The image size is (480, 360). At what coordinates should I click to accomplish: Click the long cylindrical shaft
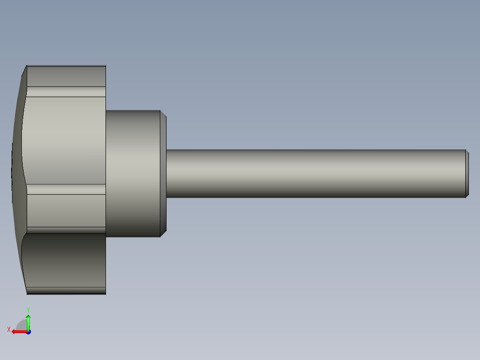point(312,173)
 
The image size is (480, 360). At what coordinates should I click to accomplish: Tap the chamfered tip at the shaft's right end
point(467,173)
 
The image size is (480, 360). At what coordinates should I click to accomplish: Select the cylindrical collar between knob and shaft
point(132,173)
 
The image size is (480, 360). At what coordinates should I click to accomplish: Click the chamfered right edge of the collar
point(163,173)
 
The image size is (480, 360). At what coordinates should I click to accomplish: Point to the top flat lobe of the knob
point(66,76)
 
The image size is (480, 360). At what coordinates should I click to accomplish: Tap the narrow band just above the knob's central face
point(66,92)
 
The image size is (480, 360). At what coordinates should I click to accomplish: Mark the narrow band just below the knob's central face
point(66,189)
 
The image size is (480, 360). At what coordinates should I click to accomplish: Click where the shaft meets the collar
point(167,173)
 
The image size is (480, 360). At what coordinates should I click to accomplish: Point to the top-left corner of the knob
point(27,66)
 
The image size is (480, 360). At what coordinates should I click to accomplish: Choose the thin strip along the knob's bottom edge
point(66,291)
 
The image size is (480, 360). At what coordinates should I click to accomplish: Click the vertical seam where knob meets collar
point(106,173)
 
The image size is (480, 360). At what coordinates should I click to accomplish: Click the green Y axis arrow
point(28,320)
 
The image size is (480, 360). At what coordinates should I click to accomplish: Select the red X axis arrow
point(18,331)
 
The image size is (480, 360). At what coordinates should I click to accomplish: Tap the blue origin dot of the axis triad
point(28,331)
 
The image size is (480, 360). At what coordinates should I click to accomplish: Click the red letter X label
point(9,330)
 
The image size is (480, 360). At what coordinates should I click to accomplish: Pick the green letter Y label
point(28,309)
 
